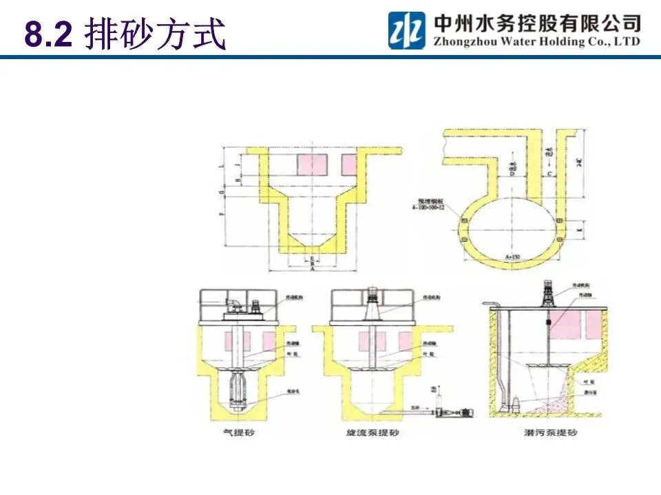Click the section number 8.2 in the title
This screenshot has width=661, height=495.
48,35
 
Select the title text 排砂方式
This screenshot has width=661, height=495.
155,35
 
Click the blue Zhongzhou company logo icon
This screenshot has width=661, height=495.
406,30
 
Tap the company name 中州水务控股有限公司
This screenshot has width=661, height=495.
537,23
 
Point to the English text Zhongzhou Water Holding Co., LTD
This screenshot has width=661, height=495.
537,41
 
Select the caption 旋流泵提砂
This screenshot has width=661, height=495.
373,433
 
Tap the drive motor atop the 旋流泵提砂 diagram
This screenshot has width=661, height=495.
373,294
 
